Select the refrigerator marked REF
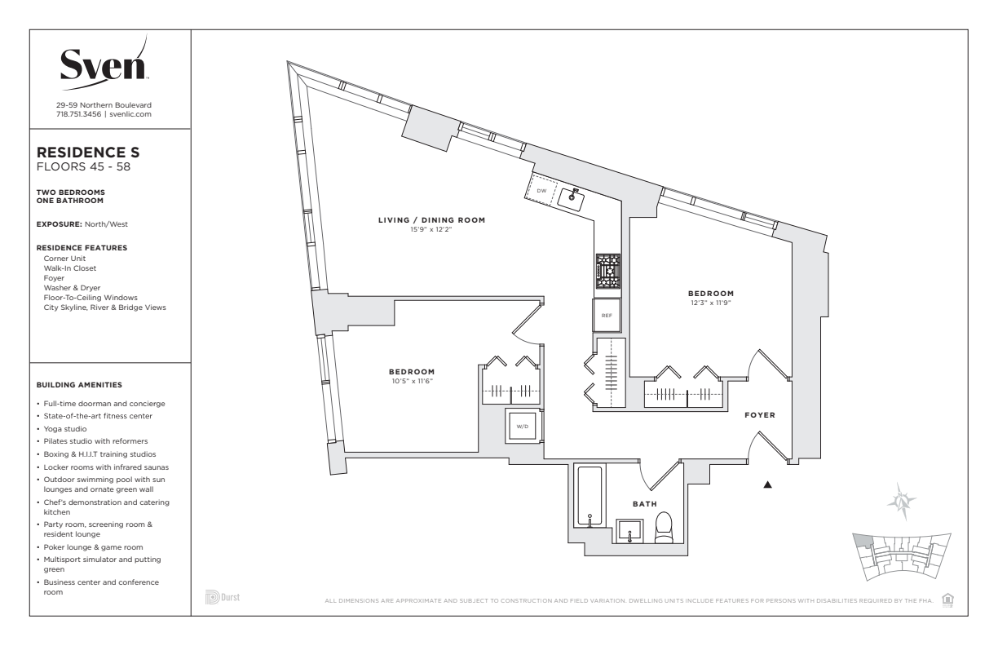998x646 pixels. pyautogui.click(x=607, y=316)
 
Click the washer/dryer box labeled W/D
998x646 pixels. pyautogui.click(x=522, y=427)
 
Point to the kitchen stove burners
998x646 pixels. pyautogui.click(x=608, y=272)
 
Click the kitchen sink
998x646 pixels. pyautogui.click(x=572, y=199)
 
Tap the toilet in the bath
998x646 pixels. pyautogui.click(x=664, y=528)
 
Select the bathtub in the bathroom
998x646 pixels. pyautogui.click(x=590, y=496)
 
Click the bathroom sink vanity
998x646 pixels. pyautogui.click(x=629, y=531)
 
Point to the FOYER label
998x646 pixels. pyautogui.click(x=760, y=415)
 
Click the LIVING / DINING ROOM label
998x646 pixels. pyautogui.click(x=431, y=219)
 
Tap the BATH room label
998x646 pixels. pyautogui.click(x=645, y=504)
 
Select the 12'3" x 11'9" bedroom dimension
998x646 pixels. pyautogui.click(x=711, y=303)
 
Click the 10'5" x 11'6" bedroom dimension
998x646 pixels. pyautogui.click(x=412, y=381)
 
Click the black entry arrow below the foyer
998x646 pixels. pyautogui.click(x=767, y=484)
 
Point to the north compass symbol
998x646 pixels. pyautogui.click(x=901, y=502)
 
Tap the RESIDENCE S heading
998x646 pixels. pyautogui.click(x=88, y=153)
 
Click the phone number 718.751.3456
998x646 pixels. pyautogui.click(x=78, y=114)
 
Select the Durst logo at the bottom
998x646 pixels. pyautogui.click(x=223, y=597)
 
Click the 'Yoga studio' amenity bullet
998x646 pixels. pyautogui.click(x=65, y=429)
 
